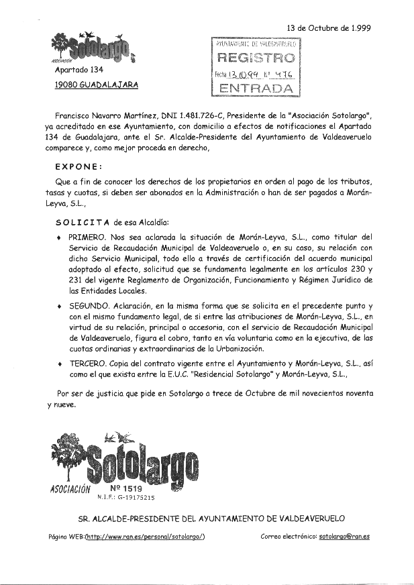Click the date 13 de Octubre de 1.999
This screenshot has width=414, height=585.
(x=329, y=28)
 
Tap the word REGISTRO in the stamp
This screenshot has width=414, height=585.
(x=256, y=58)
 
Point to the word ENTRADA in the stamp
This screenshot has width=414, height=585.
(x=256, y=89)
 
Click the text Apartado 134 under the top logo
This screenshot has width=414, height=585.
(x=79, y=70)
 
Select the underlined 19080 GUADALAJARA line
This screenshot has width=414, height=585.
(x=97, y=85)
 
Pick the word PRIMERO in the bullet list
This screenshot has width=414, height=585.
(x=88, y=237)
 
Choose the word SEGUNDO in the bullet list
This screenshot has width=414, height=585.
(x=90, y=305)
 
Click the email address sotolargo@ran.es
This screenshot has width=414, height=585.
(x=344, y=536)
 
